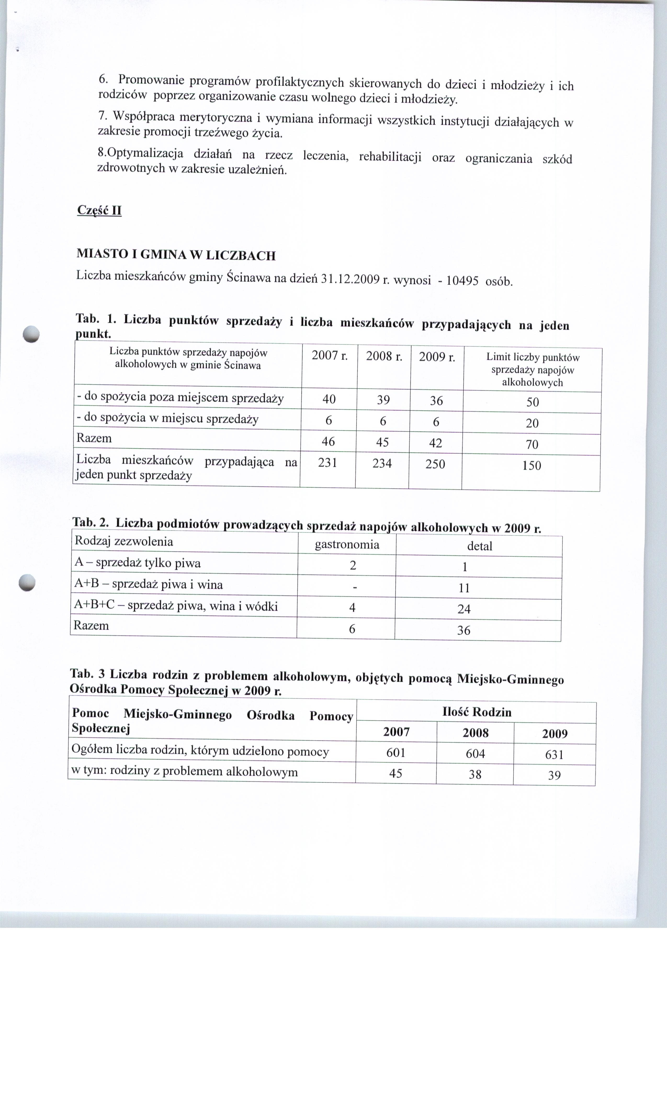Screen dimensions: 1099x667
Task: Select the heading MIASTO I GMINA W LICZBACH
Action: point(176,255)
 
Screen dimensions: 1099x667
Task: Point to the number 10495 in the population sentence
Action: point(462,281)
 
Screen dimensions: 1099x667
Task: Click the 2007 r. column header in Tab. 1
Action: point(330,356)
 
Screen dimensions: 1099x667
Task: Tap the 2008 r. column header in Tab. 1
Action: point(384,356)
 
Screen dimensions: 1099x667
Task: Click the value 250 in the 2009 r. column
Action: point(435,464)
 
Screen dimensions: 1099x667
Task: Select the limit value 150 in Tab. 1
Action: point(532,466)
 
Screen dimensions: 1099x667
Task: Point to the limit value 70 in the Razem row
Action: point(532,444)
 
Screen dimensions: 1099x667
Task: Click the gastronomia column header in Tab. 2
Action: point(347,545)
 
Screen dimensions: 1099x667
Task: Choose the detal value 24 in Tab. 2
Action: point(464,609)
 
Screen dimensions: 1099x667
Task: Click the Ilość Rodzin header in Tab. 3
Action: point(477,712)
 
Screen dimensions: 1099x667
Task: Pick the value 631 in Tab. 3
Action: point(554,755)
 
